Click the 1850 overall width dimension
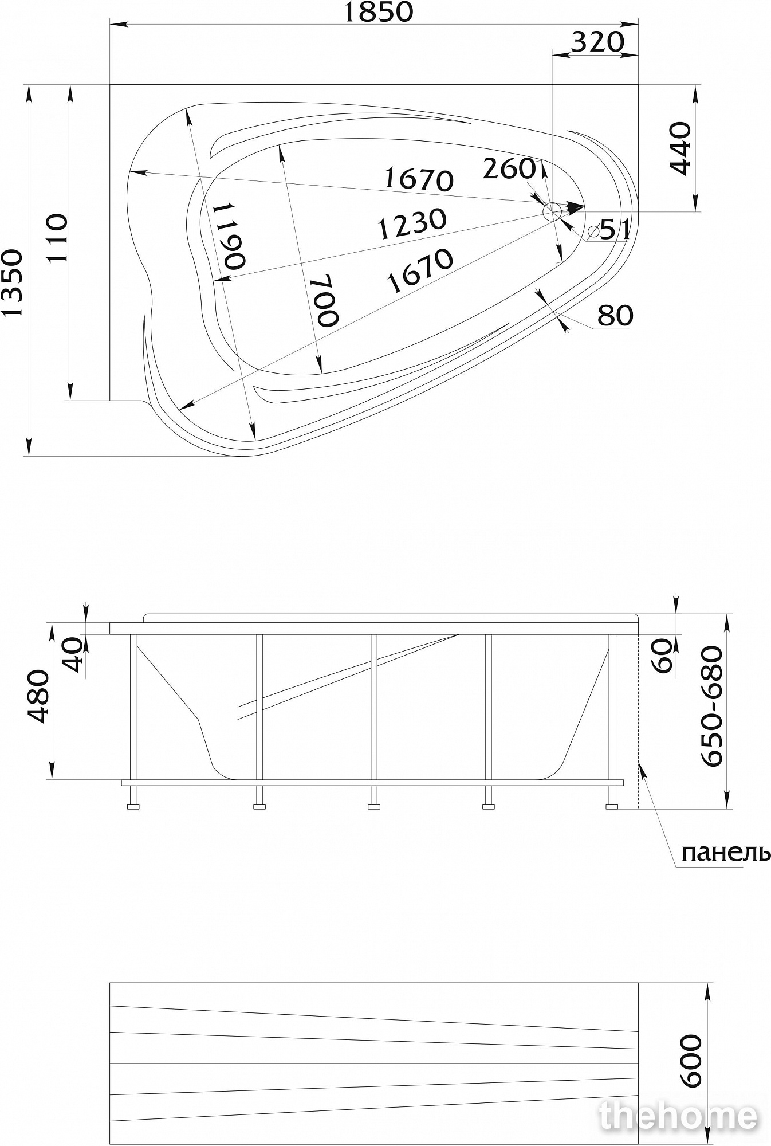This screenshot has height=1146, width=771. tap(378, 13)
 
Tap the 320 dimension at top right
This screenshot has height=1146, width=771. tap(597, 42)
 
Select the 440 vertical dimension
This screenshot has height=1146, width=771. tap(680, 148)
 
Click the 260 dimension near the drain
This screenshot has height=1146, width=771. tap(509, 168)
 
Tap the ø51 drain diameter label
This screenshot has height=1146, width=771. tap(609, 230)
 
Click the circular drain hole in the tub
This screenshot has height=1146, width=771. tap(553, 212)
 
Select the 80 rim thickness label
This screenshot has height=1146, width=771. tap(616, 315)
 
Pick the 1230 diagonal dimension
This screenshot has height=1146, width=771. tap(412, 224)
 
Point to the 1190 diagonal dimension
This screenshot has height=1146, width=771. tap(231, 235)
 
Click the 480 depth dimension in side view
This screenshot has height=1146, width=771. tap(38, 696)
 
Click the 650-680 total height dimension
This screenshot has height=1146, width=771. tap(712, 706)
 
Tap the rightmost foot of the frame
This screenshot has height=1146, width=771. tap(612, 807)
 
